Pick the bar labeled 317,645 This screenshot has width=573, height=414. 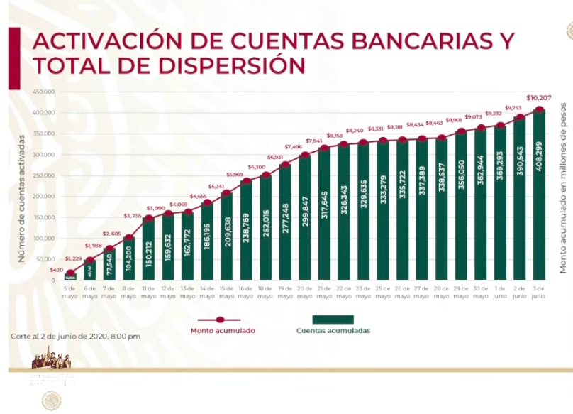pos(325,213)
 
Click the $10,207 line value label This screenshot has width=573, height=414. pos(540,97)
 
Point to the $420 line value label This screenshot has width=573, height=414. pos(56,271)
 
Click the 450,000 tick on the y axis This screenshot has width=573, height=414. pos(43,92)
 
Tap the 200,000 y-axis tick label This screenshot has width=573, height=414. pos(43,197)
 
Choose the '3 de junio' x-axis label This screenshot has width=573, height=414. pos(539,291)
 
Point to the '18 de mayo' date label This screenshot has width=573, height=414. pos(265,291)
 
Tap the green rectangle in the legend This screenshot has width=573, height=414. pos(333,320)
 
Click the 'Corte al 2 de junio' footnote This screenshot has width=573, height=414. pos(75,335)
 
